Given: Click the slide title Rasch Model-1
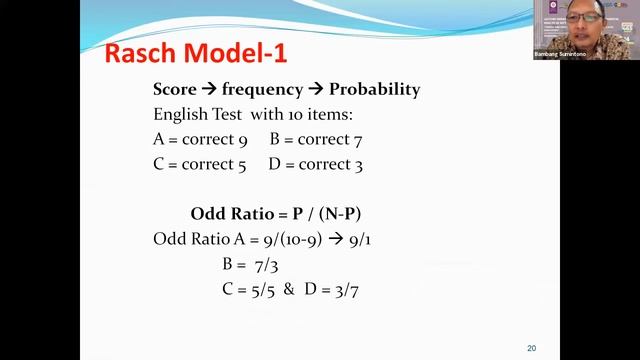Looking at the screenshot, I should [195, 54].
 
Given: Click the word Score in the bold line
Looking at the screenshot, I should [175, 89].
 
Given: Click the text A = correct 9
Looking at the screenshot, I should [200, 139].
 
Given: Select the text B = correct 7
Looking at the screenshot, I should [314, 139].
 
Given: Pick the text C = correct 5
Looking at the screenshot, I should [199, 164].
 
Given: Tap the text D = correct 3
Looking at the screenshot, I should [315, 164].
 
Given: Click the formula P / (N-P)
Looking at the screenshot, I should [336, 214].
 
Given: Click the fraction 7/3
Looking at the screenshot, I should [267, 265].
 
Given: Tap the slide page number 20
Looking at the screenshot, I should [531, 348].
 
